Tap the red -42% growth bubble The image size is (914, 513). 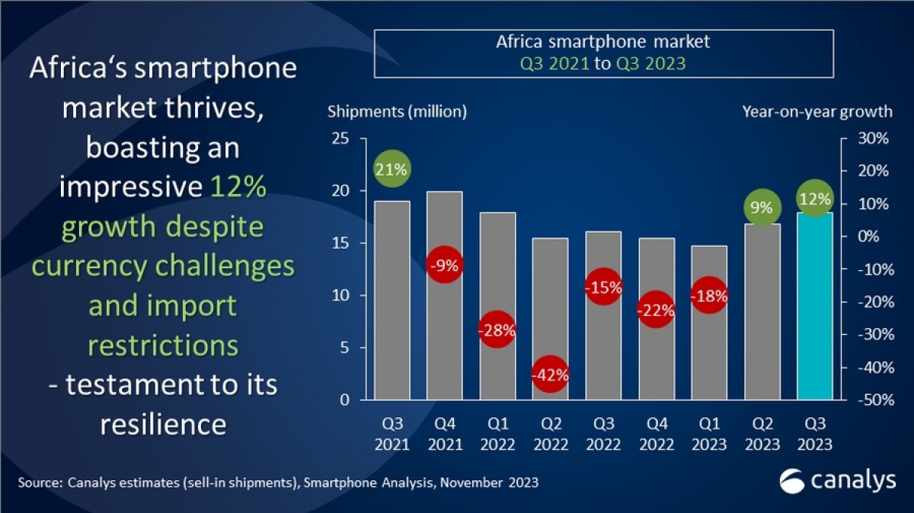550,375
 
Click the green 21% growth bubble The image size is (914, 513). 391,170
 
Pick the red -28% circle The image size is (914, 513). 497,330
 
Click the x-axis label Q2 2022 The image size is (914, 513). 550,434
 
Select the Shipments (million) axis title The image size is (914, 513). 397,112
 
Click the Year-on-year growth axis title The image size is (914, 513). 817,112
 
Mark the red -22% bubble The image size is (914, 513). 656,310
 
